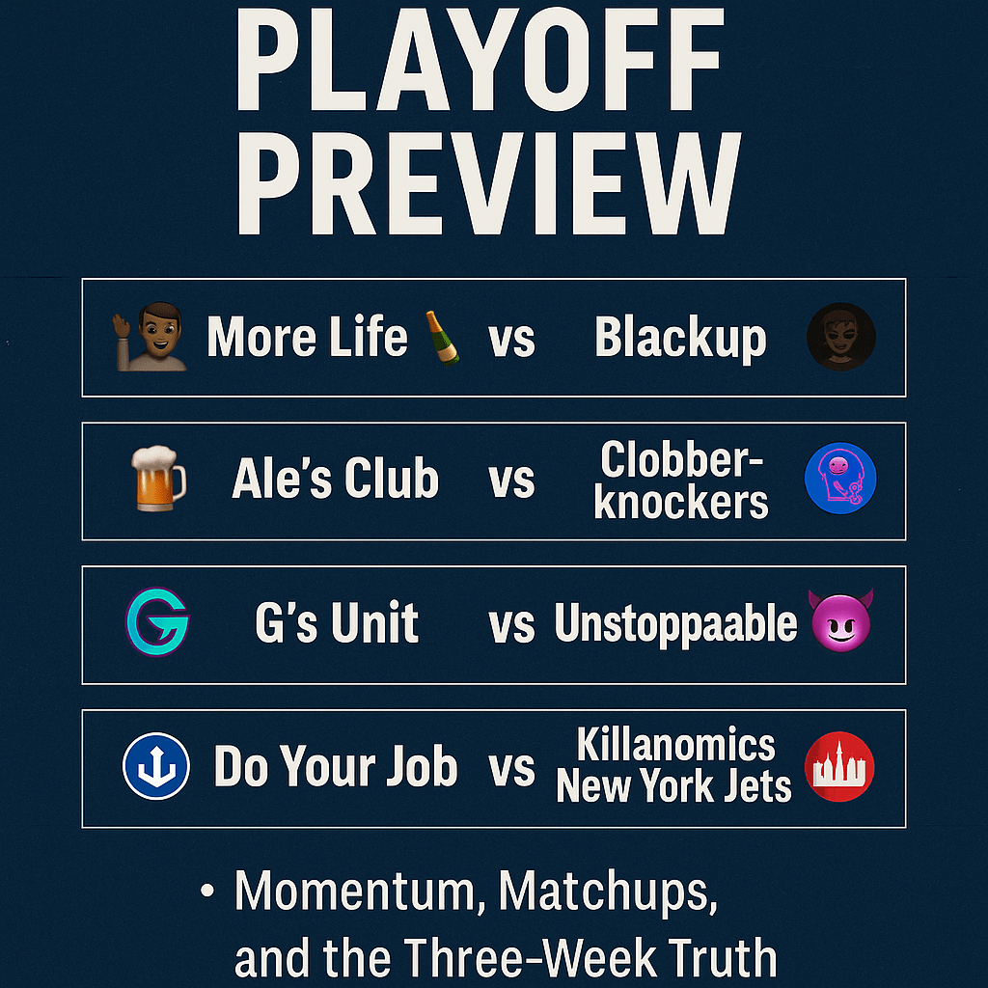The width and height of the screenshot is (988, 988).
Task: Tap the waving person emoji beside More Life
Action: click(x=152, y=337)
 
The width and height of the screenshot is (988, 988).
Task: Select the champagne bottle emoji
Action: click(x=444, y=339)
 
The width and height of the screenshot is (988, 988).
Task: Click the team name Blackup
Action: click(x=680, y=338)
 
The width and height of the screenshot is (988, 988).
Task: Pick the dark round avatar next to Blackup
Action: click(x=840, y=338)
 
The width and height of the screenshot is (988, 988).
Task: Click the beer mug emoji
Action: click(x=157, y=480)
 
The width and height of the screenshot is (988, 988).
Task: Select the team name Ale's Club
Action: click(x=335, y=480)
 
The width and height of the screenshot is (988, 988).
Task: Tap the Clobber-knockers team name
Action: click(x=681, y=480)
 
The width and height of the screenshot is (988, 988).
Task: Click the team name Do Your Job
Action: click(x=335, y=768)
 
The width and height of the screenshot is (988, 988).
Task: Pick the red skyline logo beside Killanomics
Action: click(x=840, y=767)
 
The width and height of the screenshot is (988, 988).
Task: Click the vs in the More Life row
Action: click(x=511, y=341)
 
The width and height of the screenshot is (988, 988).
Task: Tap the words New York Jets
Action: click(x=673, y=787)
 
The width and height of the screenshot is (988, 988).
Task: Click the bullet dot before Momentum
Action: click(x=206, y=892)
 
